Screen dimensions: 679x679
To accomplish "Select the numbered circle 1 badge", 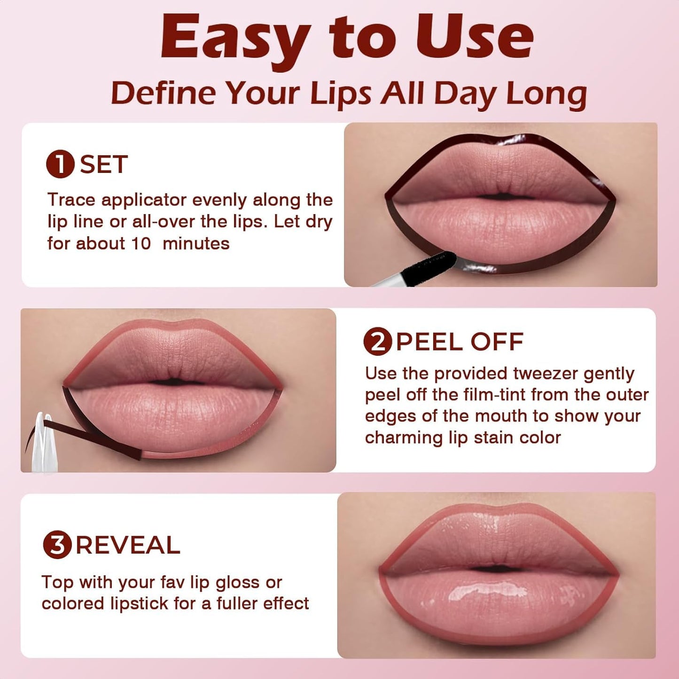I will (x=60, y=164).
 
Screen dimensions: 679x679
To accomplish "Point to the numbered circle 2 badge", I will (x=377, y=342).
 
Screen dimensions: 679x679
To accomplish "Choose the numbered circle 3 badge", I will (x=57, y=546).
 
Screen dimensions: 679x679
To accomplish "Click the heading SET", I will (x=104, y=164).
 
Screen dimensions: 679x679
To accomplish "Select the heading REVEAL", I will (x=128, y=546).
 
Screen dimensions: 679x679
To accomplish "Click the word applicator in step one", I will (x=144, y=200).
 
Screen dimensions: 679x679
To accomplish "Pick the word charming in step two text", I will (x=404, y=438).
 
